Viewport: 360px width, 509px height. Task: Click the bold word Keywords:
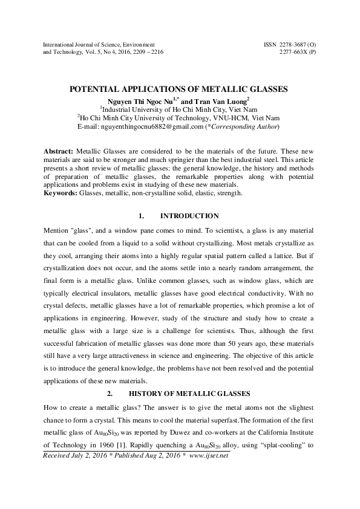point(61,193)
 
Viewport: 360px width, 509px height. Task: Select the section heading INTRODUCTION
point(189,216)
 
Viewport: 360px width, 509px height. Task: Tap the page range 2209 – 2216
point(145,52)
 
